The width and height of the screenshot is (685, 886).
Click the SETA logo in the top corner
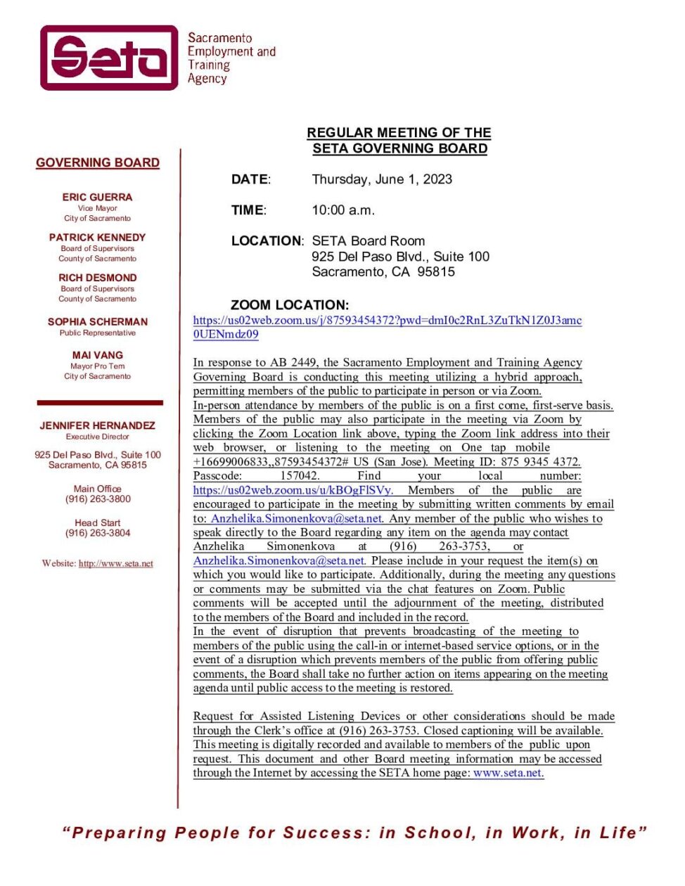109,58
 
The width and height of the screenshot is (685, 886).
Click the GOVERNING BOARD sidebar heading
98,162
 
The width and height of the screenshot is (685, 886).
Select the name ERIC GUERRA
97,197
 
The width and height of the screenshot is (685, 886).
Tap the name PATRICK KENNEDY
97,237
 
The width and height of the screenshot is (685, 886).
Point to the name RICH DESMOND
97,277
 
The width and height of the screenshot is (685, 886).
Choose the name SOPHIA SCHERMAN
97,321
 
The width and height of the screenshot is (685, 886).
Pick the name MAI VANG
97,355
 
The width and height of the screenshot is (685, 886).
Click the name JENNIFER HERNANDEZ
97,425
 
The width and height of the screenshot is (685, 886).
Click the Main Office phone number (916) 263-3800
98,499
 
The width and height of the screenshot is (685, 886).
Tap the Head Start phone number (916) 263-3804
98,533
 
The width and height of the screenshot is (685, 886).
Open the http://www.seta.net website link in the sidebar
115,563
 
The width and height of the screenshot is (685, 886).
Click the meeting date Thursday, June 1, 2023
382,179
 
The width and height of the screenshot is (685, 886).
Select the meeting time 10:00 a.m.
343,210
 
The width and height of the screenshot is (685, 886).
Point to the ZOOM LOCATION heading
289,304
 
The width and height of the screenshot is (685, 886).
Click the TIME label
248,210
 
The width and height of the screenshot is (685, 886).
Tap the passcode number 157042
300,476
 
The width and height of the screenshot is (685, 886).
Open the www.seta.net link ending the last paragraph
508,773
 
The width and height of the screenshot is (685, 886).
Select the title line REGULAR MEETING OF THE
399,132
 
